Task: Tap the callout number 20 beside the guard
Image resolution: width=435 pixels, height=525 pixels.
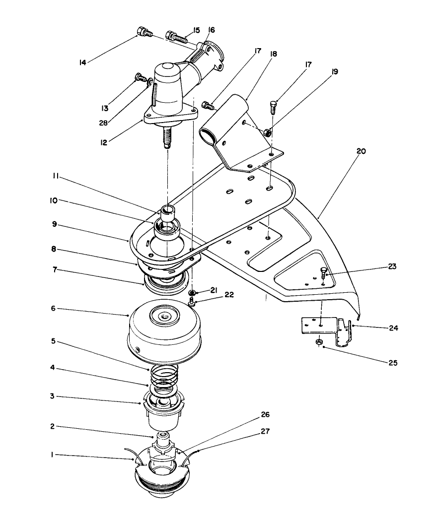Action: tap(361, 151)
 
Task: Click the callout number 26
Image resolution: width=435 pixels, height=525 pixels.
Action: tap(265, 415)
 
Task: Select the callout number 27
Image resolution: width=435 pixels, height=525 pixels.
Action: tap(266, 432)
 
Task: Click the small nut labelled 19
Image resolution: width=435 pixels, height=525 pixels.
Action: tap(267, 132)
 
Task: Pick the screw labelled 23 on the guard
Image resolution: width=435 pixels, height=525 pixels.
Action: tap(323, 273)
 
